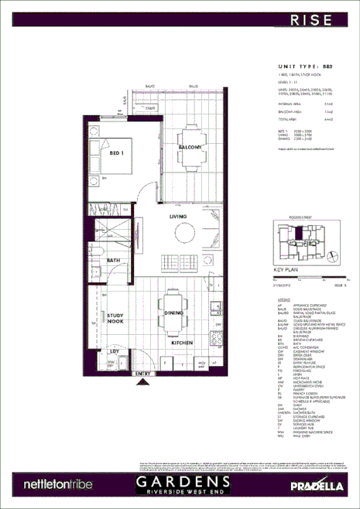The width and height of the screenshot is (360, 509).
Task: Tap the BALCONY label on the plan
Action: pos(190,147)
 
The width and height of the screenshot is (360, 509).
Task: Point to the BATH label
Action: pos(113,261)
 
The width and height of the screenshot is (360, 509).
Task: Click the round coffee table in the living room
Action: pos(186,234)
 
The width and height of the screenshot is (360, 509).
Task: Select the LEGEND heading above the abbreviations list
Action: pos(284,297)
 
